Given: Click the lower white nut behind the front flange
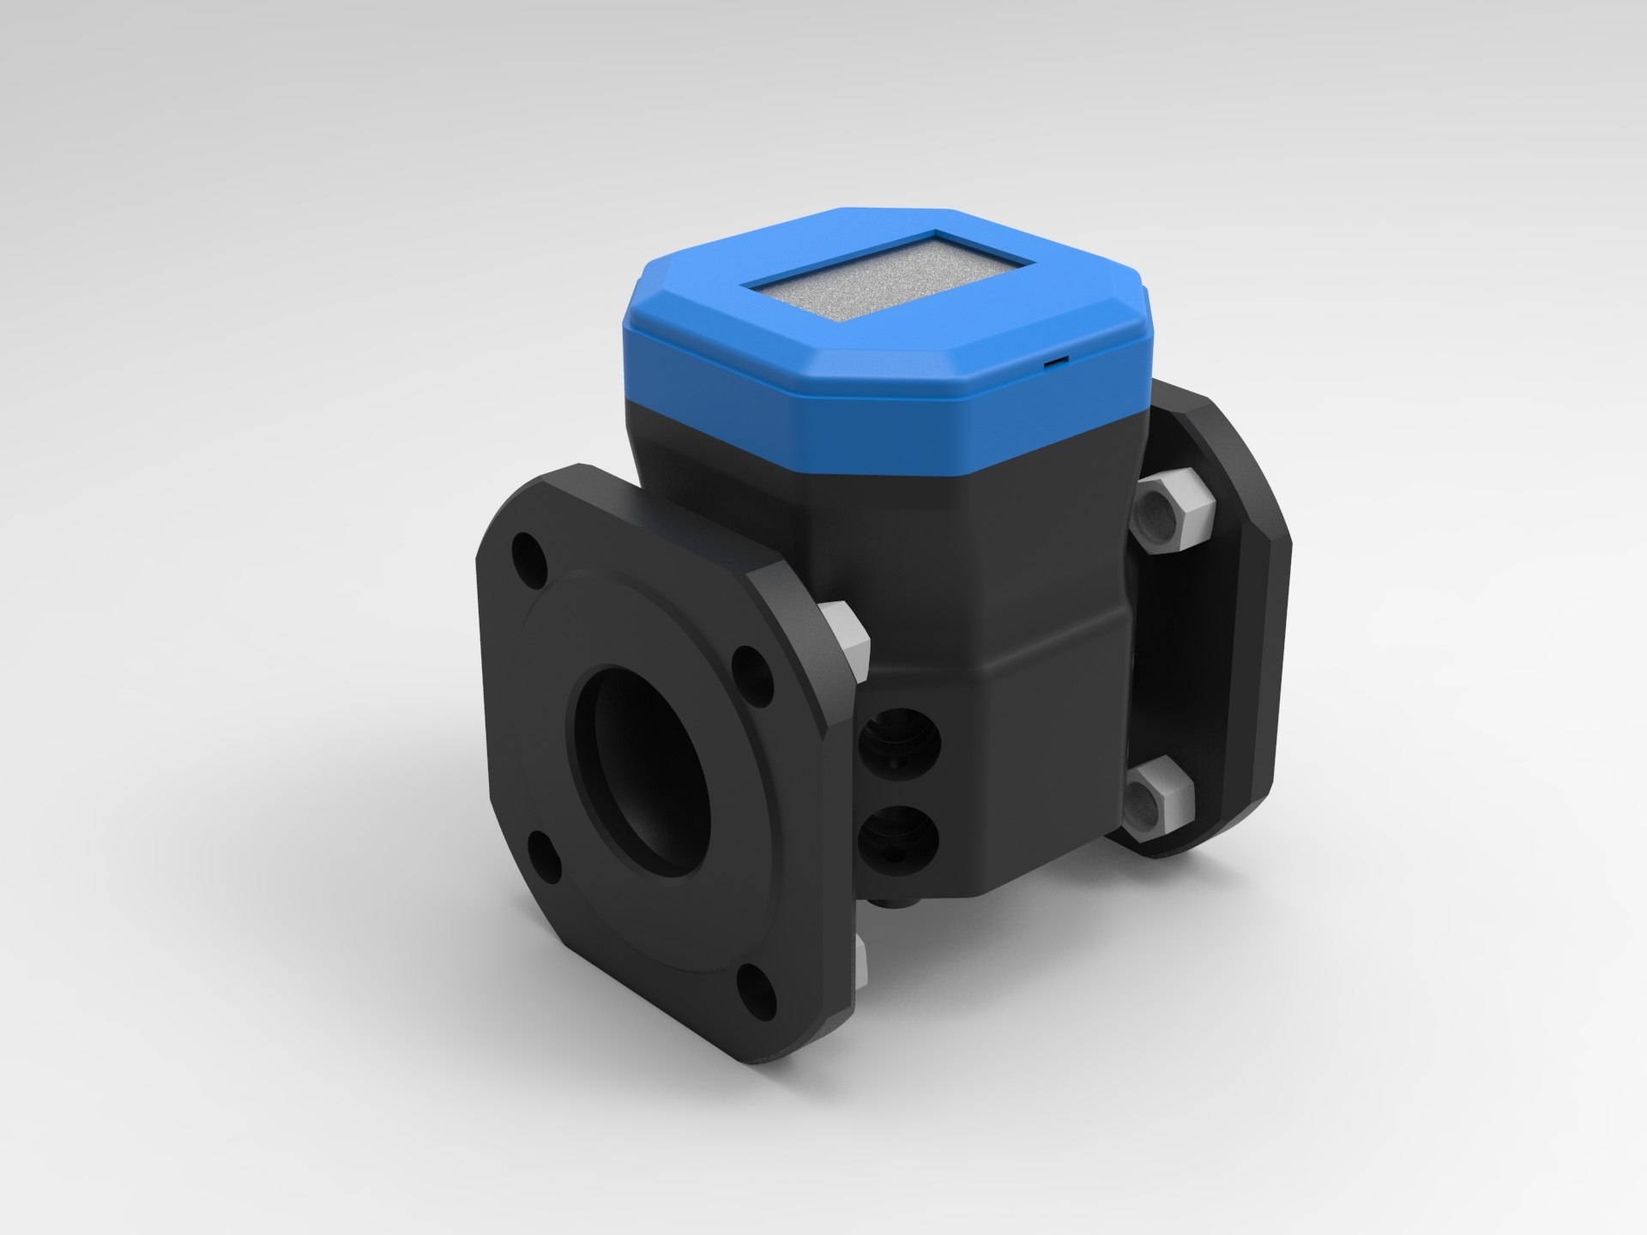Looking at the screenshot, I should (862, 969).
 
